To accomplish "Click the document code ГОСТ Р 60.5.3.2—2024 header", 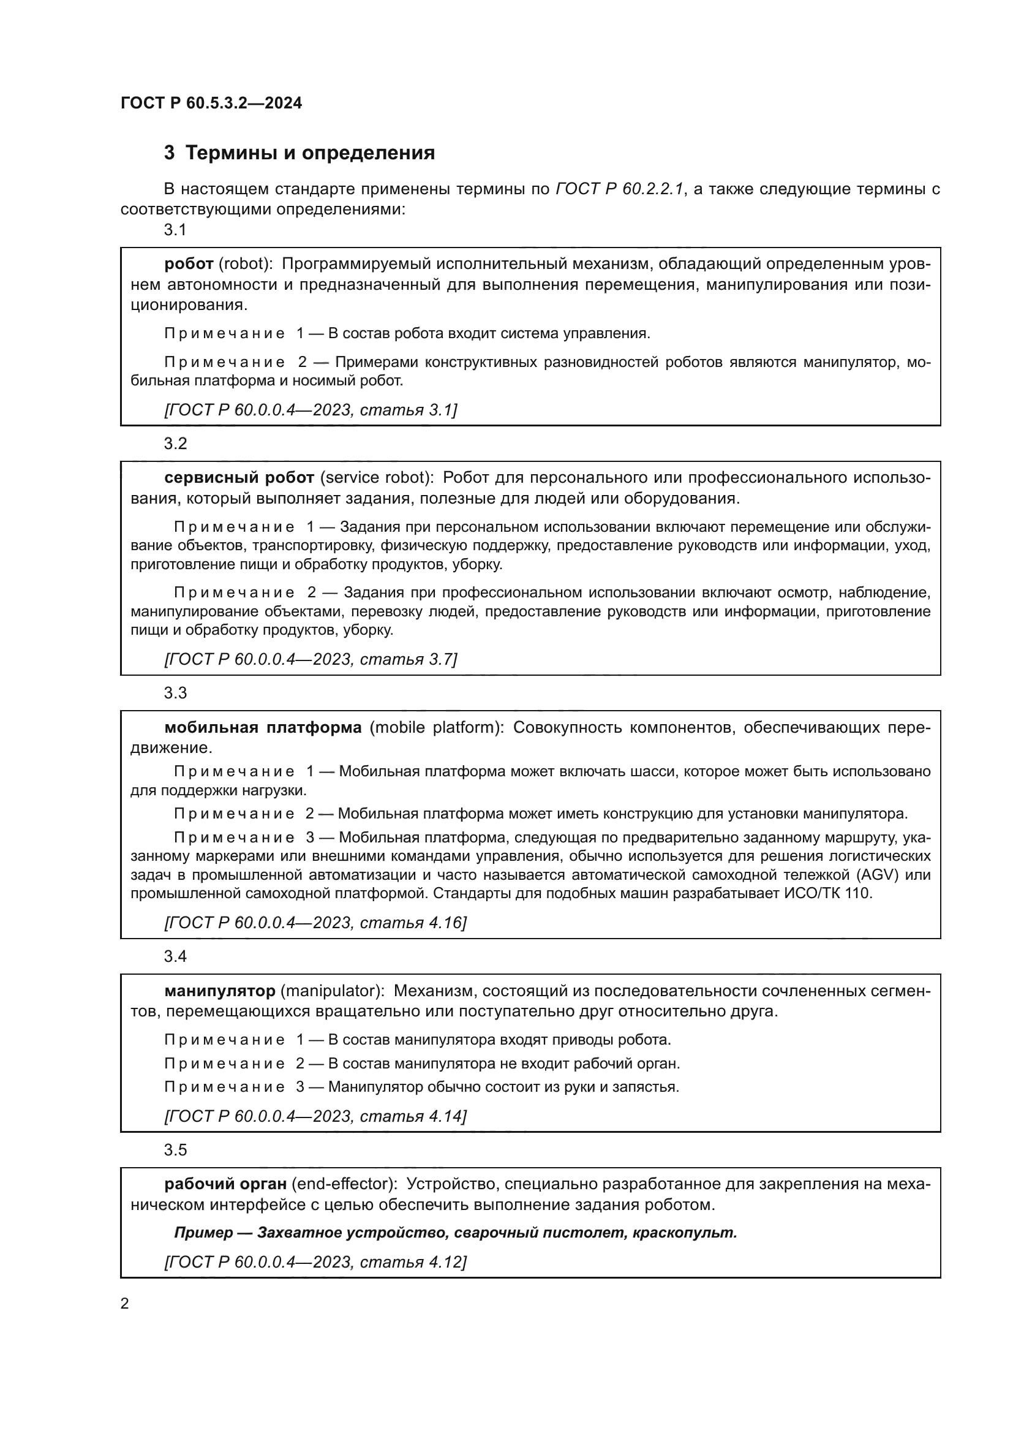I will (211, 104).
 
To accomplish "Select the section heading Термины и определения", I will (310, 153).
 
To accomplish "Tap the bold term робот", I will (189, 264).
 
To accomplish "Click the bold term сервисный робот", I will (239, 478).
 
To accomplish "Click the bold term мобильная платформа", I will (263, 728).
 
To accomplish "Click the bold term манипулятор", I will (220, 991).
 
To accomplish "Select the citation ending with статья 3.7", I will (311, 659).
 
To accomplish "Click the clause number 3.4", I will (175, 956).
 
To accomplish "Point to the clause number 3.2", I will (175, 444).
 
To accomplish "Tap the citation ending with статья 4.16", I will (315, 923).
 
